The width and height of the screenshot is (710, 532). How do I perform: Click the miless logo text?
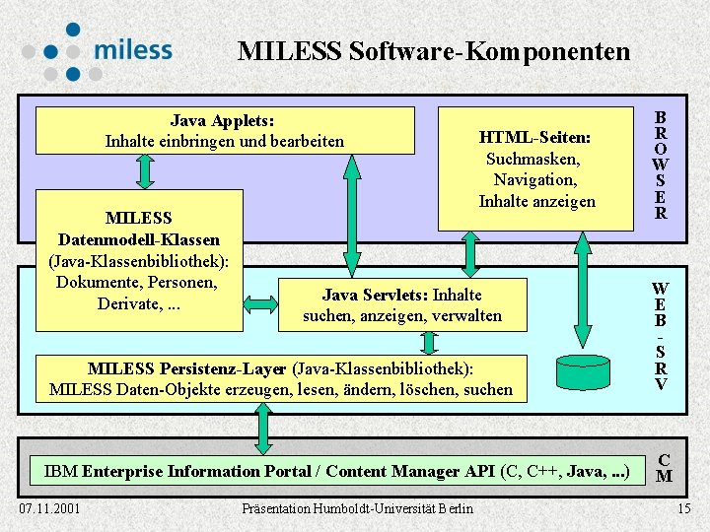tap(133, 49)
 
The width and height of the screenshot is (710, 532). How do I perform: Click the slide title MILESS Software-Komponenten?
tap(433, 51)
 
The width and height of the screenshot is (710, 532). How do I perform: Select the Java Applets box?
tap(225, 131)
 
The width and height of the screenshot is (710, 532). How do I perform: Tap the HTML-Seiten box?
tap(535, 168)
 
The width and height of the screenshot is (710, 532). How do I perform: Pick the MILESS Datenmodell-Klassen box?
tap(139, 260)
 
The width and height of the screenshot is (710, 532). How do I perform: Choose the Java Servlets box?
tap(401, 304)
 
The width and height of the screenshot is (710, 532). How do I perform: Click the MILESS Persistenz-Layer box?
tap(280, 378)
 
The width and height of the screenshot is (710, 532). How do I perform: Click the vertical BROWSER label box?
tap(660, 166)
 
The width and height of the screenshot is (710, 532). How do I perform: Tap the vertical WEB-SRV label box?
tap(660, 336)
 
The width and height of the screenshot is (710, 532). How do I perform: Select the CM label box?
tap(664, 468)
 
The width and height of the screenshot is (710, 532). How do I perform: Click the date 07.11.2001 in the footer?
tap(50, 508)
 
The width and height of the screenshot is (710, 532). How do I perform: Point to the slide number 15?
tap(684, 508)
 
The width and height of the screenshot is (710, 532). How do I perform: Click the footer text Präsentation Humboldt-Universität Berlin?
tap(357, 508)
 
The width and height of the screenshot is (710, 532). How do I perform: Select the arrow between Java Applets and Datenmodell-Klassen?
tap(146, 170)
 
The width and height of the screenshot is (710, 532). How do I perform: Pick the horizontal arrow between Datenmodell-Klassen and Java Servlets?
tap(260, 304)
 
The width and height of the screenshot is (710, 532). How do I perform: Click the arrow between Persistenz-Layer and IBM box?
tap(263, 430)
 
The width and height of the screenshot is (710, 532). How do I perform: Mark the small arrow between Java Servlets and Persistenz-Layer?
tap(429, 342)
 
